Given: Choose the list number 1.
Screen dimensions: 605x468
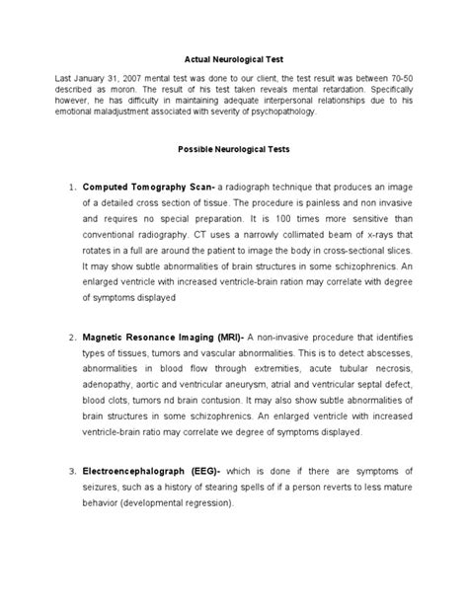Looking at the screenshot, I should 72,187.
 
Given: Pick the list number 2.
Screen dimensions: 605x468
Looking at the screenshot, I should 72,339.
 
